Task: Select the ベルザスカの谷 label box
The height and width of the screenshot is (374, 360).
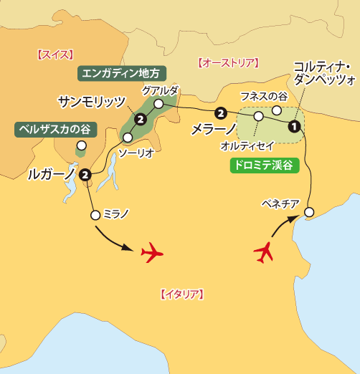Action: coord(53,129)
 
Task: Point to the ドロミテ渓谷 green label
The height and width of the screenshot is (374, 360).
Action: coord(262,165)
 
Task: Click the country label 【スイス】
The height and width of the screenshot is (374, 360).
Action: coord(55,54)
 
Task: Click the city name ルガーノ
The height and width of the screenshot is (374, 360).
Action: coord(51,173)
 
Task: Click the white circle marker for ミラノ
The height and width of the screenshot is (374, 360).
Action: coord(95,214)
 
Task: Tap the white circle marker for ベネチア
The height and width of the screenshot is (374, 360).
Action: coord(309,211)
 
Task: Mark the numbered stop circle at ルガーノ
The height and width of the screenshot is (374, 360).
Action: coord(85,173)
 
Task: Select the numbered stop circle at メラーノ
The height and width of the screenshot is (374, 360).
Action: coord(221,112)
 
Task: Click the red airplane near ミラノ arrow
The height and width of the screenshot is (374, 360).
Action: coord(153,253)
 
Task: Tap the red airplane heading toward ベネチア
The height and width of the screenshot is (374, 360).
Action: coord(265,251)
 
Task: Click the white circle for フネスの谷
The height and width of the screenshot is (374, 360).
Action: coord(277,110)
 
